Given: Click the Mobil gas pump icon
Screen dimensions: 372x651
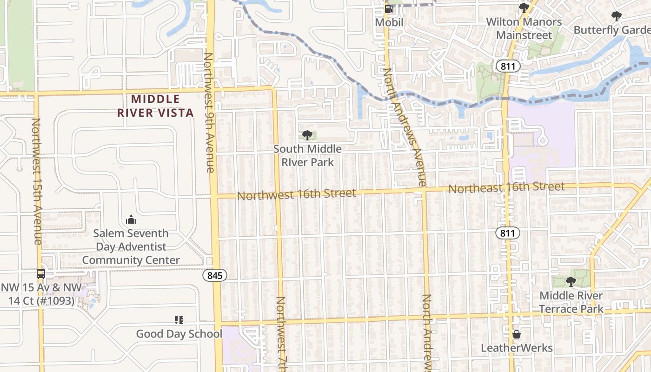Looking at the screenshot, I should [389, 9].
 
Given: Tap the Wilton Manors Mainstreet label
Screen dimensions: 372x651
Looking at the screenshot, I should [524, 28].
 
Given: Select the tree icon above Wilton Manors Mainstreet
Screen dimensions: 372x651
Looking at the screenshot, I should [524, 8].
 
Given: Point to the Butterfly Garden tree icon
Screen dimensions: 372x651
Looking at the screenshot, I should [617, 16].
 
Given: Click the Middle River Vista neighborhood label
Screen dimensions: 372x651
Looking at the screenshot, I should [155, 106].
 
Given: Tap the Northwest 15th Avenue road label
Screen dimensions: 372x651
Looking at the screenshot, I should [37, 181].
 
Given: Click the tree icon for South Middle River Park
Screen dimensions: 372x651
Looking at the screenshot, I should [307, 135].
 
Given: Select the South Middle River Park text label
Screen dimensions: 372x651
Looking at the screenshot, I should [307, 155].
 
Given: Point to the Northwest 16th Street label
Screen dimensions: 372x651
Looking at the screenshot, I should [297, 194].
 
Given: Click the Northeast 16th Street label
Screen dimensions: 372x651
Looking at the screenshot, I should [506, 188].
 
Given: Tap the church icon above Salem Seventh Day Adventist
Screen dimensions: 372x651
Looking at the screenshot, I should [131, 219].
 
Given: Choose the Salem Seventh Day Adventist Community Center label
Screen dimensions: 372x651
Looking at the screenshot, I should [131, 246].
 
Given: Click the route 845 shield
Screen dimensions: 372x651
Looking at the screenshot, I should [215, 275].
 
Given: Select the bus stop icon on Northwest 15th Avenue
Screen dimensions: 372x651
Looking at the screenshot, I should [41, 273].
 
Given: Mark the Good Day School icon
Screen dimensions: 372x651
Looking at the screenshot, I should [179, 319].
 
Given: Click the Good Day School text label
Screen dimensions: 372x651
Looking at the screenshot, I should [179, 333].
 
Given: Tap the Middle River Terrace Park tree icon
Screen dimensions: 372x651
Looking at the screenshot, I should [571, 281].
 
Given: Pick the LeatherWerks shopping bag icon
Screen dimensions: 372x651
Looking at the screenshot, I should [516, 334].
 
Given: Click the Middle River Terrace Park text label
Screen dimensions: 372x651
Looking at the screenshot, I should [571, 302].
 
